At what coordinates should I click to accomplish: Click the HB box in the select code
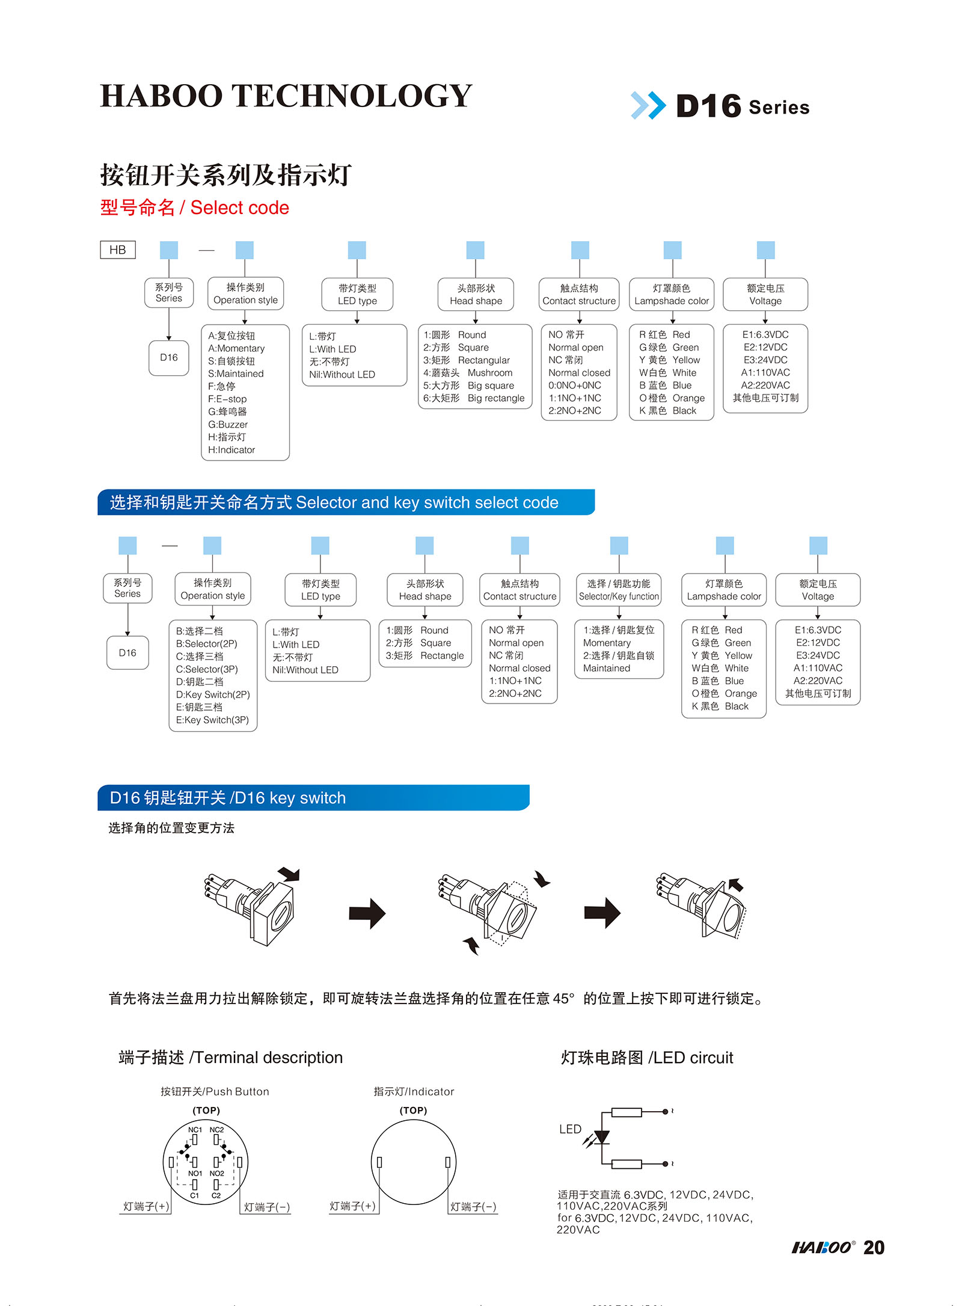[x=118, y=250]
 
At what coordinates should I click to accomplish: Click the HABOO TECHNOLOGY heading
[x=286, y=96]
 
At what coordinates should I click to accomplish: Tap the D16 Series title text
[x=743, y=107]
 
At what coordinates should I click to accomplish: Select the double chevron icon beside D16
[x=648, y=106]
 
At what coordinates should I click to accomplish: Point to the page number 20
[x=874, y=1248]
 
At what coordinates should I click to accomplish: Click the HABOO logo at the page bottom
[x=823, y=1248]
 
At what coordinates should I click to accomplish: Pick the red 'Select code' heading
[x=195, y=208]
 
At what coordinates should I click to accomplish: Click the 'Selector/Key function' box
[x=619, y=590]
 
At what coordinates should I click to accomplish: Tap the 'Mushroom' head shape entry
[x=489, y=373]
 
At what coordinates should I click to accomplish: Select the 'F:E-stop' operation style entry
[x=227, y=399]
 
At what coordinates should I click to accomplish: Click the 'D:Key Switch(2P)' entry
[x=213, y=694]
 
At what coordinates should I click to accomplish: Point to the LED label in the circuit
[x=570, y=1129]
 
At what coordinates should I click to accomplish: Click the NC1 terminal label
[x=195, y=1130]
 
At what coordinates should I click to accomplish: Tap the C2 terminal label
[x=216, y=1196]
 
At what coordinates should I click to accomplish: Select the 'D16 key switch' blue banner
[x=313, y=798]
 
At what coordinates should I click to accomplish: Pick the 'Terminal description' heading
[x=231, y=1058]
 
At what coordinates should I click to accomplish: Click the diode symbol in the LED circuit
[x=601, y=1138]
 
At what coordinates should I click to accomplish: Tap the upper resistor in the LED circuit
[x=627, y=1112]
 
